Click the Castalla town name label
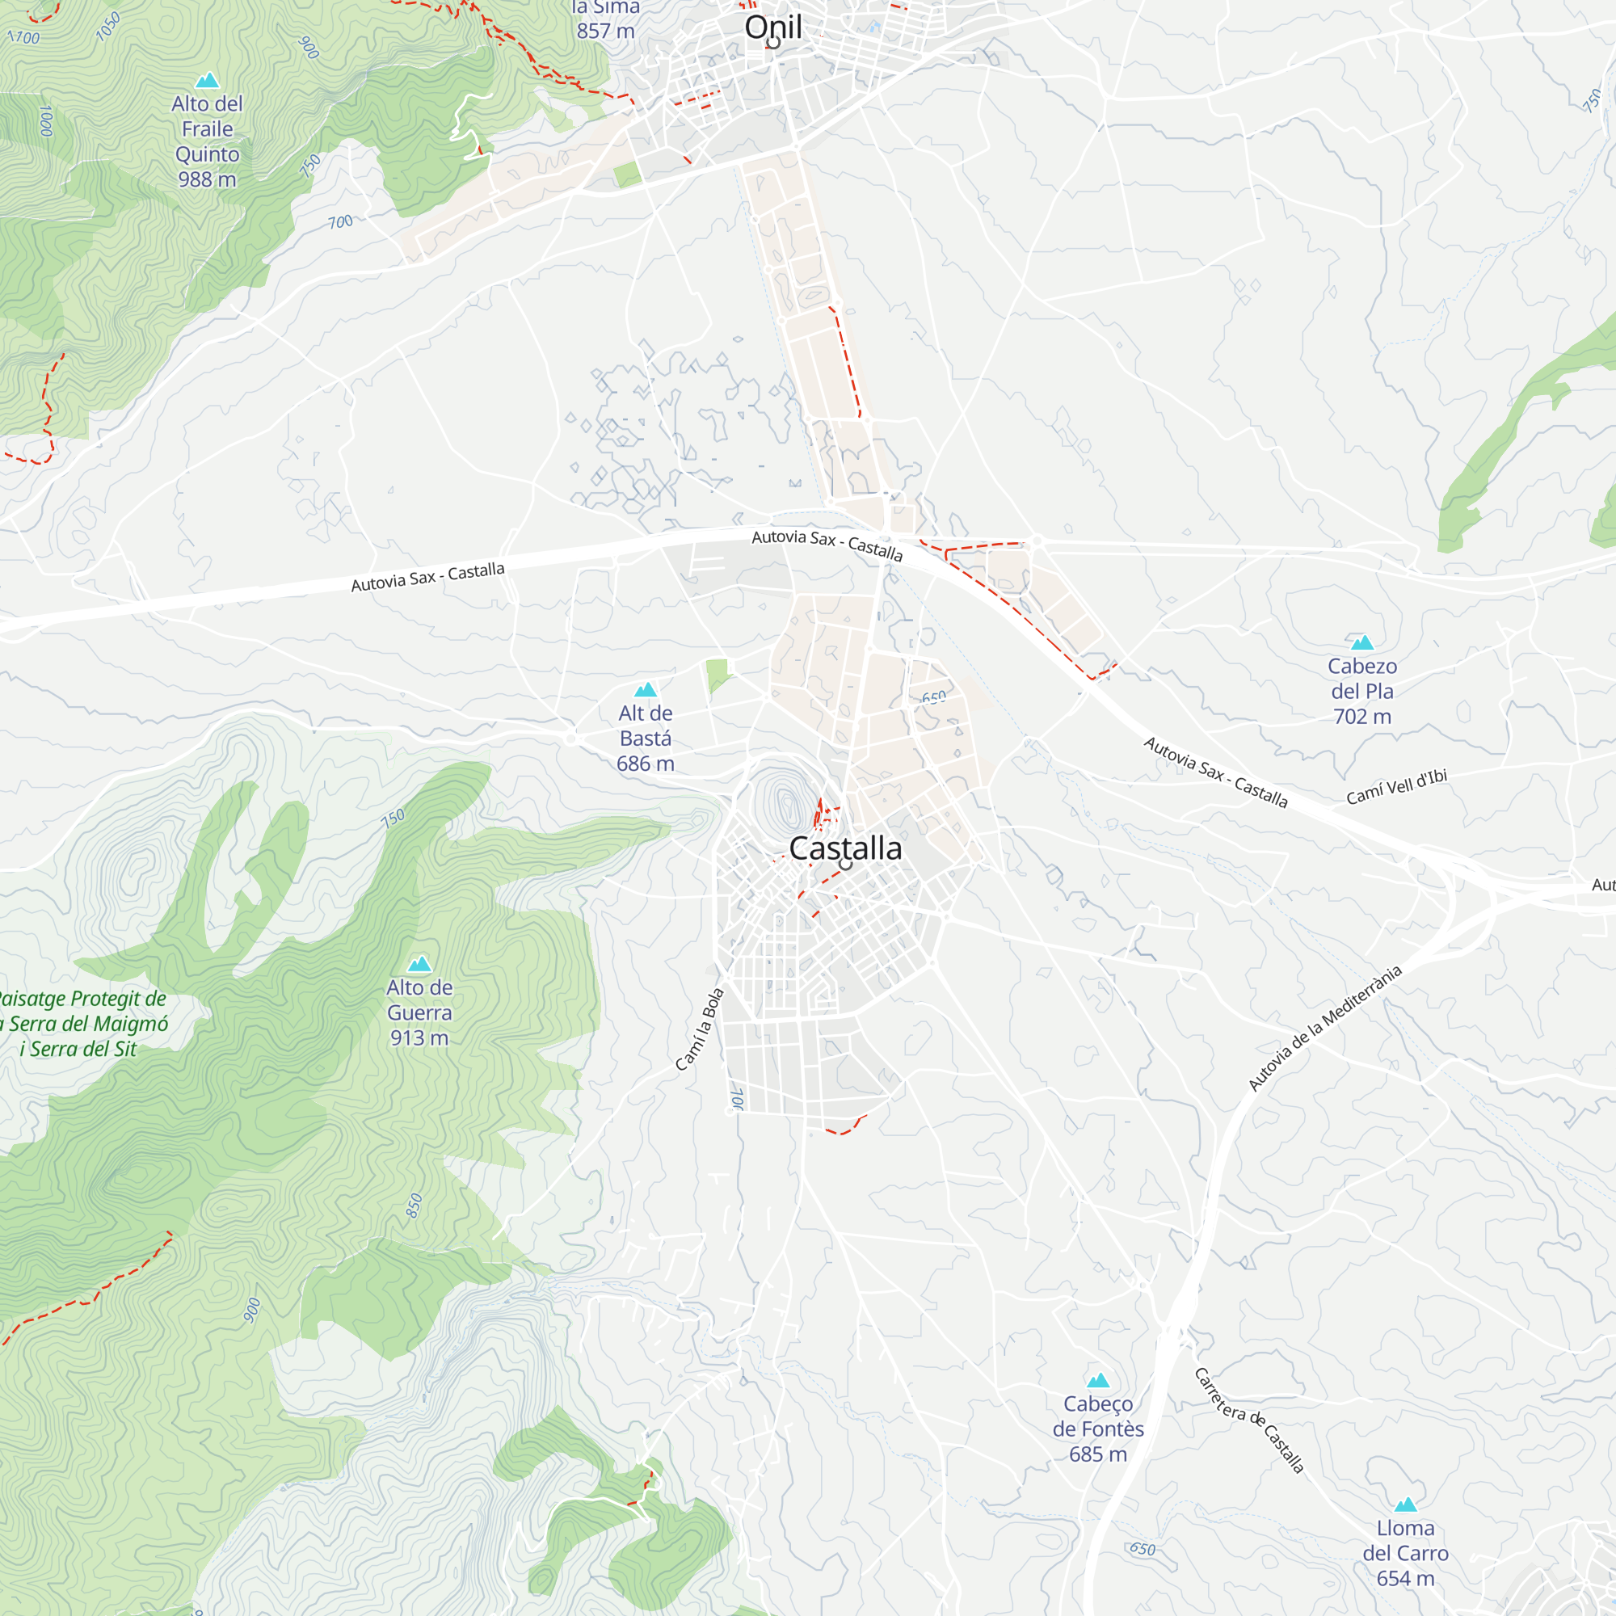pos(845,848)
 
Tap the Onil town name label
pos(773,27)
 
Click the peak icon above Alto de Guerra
pos(419,964)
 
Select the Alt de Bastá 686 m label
pos(645,738)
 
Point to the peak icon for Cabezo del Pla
pos(1361,642)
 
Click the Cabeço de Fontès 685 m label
pos(1097,1429)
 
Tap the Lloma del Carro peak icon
pos(1405,1504)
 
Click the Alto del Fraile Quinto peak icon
pos(207,80)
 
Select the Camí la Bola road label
pos(699,1029)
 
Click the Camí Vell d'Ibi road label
pos(1396,786)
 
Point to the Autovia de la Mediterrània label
pos(1324,1028)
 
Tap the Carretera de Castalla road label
pos(1249,1420)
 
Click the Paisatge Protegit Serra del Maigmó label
pos(80,1024)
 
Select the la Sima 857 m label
pos(605,20)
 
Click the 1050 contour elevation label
pos(108,27)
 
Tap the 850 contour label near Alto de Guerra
pos(414,1206)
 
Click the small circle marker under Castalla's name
pos(846,864)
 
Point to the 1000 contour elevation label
pos(46,120)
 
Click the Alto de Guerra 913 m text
pos(419,1012)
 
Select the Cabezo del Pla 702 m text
pos(1361,691)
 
